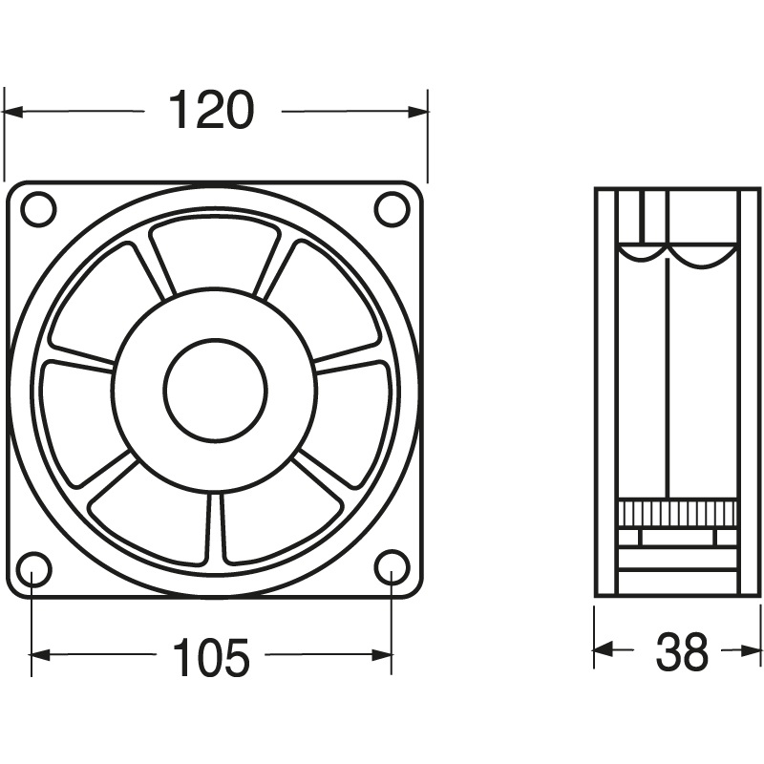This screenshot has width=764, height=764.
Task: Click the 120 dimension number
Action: coord(212,111)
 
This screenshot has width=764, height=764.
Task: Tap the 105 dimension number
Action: coord(211,657)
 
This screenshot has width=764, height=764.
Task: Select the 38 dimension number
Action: coord(682,652)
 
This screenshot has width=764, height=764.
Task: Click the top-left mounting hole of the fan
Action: coord(38,209)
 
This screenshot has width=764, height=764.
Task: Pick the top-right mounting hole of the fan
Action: coord(392,209)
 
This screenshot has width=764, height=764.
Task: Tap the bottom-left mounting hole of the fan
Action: coord(32,569)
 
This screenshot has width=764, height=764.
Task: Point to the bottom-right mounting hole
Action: coord(392,567)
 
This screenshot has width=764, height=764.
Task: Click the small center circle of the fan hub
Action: coord(215,389)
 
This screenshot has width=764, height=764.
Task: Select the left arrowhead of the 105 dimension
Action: coord(40,655)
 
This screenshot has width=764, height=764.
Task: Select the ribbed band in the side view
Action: coord(677,513)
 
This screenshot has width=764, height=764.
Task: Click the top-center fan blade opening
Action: coord(215,253)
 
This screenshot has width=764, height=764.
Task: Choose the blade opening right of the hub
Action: coord(353,411)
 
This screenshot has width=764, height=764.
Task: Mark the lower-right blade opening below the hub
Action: coord(277,516)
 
